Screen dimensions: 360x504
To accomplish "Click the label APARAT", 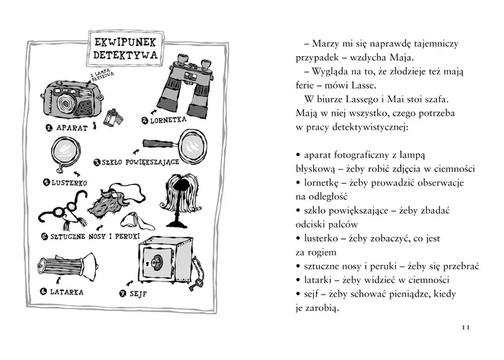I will click(x=73, y=128).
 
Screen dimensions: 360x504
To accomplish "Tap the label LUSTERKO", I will click(x=69, y=183).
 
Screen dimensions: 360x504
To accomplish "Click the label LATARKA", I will click(x=66, y=292).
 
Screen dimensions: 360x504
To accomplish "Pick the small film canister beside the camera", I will click(x=112, y=116).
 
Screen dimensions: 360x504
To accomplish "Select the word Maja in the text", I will click(x=404, y=58).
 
